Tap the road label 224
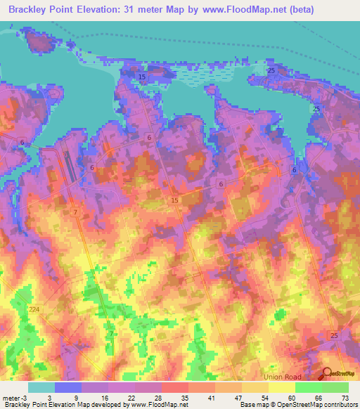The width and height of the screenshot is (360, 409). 35,309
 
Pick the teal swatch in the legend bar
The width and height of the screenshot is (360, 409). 41,387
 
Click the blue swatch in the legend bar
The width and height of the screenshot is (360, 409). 68,387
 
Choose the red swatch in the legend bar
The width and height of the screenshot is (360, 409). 175,387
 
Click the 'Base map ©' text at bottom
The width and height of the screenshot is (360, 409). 255,405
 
